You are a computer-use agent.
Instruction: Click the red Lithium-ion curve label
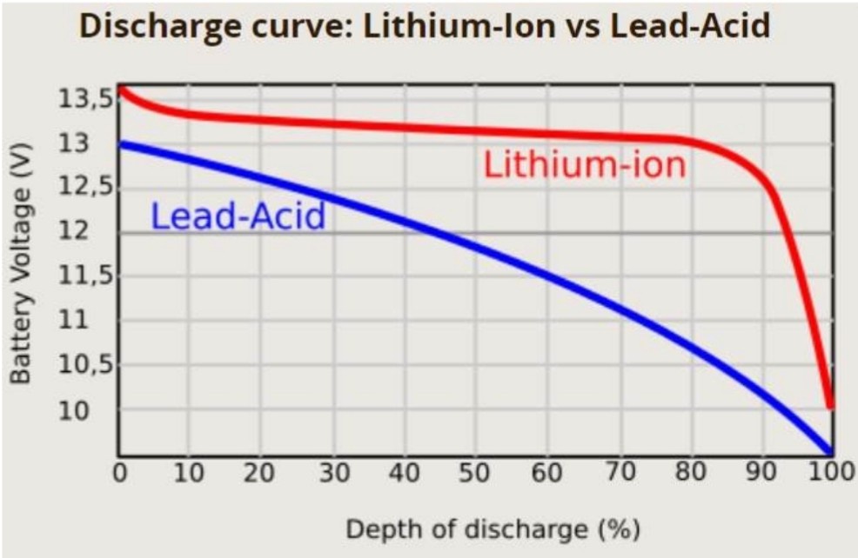tap(584, 165)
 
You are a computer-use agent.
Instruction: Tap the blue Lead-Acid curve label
tap(238, 216)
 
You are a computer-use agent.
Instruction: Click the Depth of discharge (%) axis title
tap(493, 528)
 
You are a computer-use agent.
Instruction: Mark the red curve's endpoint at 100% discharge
tap(830, 403)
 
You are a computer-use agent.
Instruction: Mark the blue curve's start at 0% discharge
tap(121, 143)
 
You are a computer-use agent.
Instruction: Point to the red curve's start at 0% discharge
tap(121, 89)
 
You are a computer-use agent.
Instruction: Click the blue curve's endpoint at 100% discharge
tap(830, 451)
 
